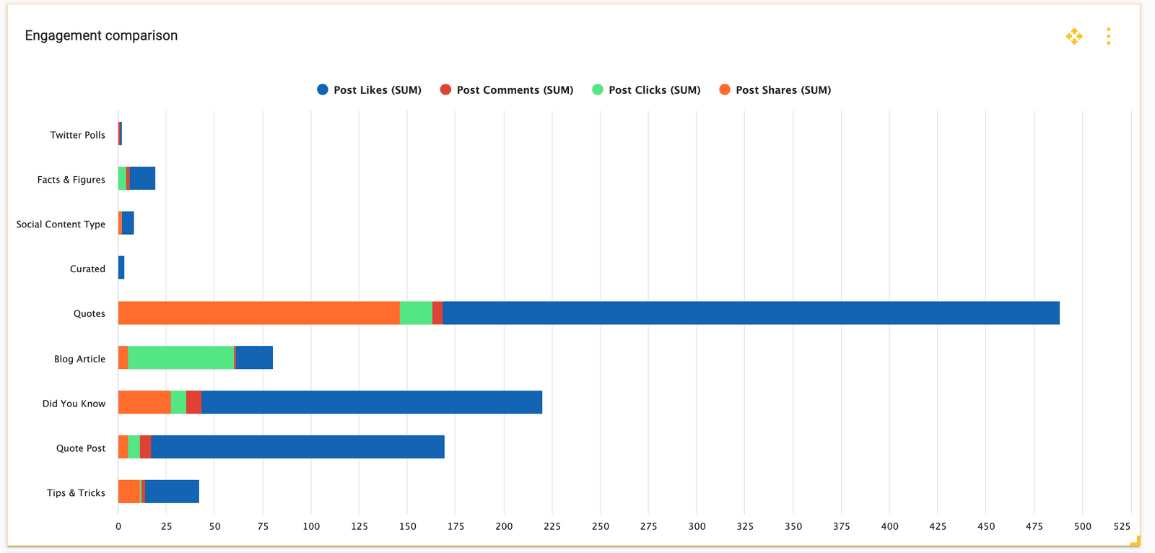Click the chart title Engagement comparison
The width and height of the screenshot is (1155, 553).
coord(101,35)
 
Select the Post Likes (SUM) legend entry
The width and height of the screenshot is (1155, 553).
coord(370,90)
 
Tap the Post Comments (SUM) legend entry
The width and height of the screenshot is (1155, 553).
coord(507,90)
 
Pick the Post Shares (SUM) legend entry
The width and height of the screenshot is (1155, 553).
coord(775,90)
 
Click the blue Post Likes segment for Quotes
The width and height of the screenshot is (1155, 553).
coord(751,313)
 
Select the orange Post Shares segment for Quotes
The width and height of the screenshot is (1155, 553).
coord(258,313)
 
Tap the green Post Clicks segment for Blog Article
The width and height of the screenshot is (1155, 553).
coord(180,357)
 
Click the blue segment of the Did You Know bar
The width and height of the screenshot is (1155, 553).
coord(372,402)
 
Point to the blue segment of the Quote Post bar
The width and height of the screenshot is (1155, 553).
coord(297,447)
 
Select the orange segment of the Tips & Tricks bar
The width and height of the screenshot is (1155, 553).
coord(128,492)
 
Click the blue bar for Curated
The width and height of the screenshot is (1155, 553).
coord(121,268)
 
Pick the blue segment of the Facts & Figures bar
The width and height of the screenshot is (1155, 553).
coord(142,178)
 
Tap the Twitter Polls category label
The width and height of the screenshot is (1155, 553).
coord(77,135)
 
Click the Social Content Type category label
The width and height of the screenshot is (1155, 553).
coord(61,225)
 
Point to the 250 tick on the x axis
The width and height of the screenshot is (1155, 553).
coord(601,526)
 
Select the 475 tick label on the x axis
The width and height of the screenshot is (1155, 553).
coord(1034,526)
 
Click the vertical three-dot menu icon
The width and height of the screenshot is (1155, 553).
coord(1108,36)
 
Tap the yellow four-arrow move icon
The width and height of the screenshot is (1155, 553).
coord(1074,36)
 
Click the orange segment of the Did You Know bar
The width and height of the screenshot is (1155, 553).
coord(144,402)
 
